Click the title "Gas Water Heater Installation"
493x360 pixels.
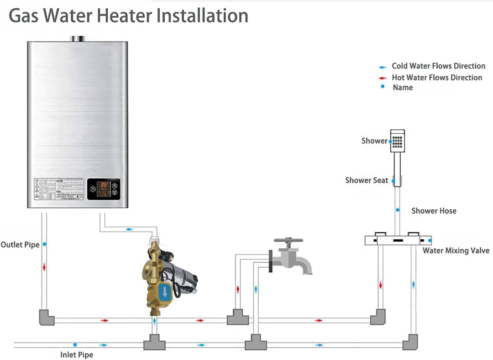point(129,16)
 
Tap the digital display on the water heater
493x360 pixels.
point(104,186)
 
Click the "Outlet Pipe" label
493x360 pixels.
point(20,244)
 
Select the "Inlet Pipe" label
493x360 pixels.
point(77,355)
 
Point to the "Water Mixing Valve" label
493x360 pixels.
point(456,250)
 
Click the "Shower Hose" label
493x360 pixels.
point(434,211)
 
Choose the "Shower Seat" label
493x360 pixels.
point(367,180)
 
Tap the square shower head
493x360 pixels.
point(398,141)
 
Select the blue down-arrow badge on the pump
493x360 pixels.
point(164,291)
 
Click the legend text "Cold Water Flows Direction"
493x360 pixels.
point(438,66)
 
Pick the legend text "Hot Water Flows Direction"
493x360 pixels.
point(437,78)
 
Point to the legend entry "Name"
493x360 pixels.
point(403,87)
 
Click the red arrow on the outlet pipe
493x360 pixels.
point(44,267)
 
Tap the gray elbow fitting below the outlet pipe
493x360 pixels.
point(46,317)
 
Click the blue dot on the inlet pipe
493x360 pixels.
point(75,344)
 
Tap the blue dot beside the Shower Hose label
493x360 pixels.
point(398,210)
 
